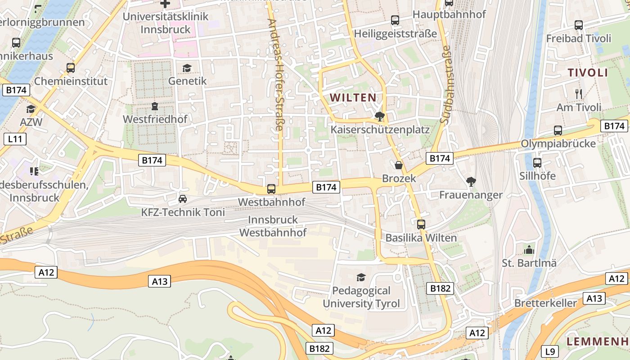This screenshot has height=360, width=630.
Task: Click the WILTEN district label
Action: pos(353,97)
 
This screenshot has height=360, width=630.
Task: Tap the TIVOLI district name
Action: pos(588,73)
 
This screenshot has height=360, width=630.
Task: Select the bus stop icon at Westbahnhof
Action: pos(271,189)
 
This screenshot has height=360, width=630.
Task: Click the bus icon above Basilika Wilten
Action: pos(421,224)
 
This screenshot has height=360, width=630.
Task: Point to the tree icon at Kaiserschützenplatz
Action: pos(380,117)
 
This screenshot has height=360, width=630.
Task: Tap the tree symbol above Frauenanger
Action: pos(471,182)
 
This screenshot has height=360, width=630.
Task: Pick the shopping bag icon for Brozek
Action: pos(398,165)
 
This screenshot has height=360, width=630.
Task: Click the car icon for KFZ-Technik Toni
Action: pos(183,198)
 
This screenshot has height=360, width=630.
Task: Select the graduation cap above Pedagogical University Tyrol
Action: pos(361,277)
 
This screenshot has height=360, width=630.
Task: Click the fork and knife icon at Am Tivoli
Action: pos(579,94)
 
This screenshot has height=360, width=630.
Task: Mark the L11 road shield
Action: pos(15,139)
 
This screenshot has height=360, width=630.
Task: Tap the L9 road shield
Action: pos(550,351)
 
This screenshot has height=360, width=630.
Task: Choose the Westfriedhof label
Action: pos(155,120)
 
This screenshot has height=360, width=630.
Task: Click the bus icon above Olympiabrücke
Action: pos(558,130)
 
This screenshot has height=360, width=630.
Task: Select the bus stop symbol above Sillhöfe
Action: pos(537,162)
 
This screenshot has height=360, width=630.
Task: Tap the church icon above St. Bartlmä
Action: pos(529,249)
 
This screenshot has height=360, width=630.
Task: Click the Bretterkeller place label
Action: pos(545,303)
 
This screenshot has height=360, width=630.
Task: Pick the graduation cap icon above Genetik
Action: pos(187,68)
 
